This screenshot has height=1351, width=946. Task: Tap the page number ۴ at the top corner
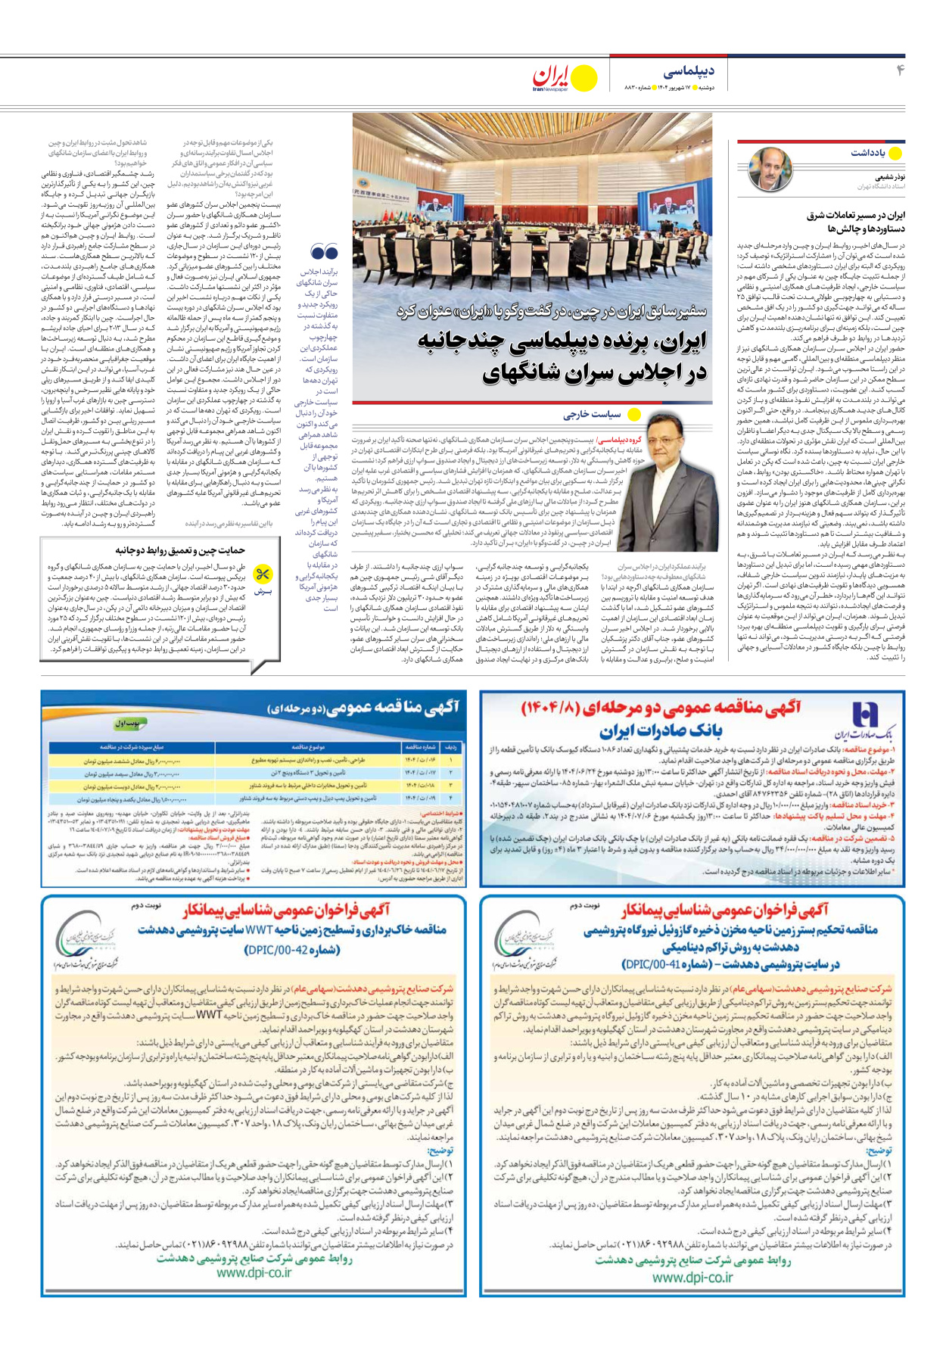point(901,71)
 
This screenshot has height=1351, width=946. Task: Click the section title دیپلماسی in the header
point(688,72)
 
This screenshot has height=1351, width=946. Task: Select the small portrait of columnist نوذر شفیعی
point(770,171)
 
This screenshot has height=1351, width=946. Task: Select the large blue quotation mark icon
point(324,253)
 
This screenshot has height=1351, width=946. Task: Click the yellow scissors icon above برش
point(263,573)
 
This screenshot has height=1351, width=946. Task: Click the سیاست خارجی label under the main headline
point(592,414)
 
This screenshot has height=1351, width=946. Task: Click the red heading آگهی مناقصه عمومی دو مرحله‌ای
point(661,708)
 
